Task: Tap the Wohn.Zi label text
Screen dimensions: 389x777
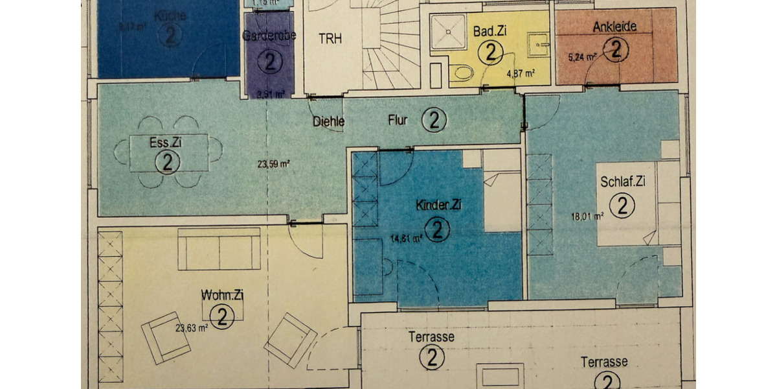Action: [222, 296]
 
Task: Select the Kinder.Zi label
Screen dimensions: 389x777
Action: [438, 206]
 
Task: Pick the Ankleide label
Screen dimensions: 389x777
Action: [614, 27]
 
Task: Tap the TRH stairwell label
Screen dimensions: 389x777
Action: [330, 38]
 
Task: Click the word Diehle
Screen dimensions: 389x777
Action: [328, 121]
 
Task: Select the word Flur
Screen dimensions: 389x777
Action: [398, 120]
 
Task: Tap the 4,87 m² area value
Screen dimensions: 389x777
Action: [521, 74]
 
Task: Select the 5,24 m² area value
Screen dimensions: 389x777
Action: [582, 56]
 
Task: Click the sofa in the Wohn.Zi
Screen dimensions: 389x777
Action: [219, 249]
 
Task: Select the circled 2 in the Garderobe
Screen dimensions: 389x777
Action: [270, 62]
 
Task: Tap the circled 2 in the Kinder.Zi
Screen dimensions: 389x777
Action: [439, 230]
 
